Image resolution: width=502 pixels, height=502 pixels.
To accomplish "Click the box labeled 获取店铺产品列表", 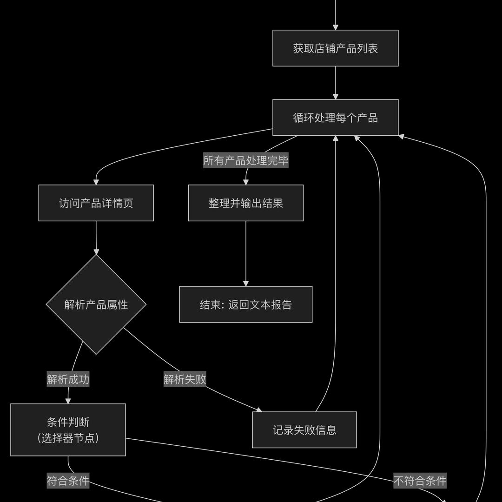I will (335, 48).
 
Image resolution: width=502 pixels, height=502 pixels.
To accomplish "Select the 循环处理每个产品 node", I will (335, 118).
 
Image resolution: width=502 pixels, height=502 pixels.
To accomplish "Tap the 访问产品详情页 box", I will (96, 203).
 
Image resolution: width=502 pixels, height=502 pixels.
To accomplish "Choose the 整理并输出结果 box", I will (245, 203).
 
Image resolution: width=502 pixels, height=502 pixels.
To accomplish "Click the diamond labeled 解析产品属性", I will (96, 305).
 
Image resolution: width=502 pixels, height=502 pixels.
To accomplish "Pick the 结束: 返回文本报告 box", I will (245, 304).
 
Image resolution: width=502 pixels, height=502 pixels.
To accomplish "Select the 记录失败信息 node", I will (304, 430).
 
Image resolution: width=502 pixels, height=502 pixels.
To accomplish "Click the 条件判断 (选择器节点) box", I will (68, 430).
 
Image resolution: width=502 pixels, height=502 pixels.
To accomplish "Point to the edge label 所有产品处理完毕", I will (245, 161).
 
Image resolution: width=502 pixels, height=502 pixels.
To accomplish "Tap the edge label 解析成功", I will (68, 379).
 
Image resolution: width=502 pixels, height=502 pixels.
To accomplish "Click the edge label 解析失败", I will (185, 379).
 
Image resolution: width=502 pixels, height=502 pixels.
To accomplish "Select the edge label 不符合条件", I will (420, 481).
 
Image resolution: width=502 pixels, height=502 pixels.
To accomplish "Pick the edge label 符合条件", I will (68, 481).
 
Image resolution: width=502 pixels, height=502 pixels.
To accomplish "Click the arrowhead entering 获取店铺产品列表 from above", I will (335, 27).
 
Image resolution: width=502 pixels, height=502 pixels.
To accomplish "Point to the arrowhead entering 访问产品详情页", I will (96, 182).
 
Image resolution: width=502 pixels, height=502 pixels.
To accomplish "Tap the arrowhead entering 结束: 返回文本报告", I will (245, 283).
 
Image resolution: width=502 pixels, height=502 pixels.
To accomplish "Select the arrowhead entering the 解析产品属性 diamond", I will (96, 251).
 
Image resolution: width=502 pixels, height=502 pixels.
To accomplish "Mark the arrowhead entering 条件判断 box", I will (68, 401).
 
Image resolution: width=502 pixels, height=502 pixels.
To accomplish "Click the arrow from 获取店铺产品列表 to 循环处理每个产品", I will (335, 83).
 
